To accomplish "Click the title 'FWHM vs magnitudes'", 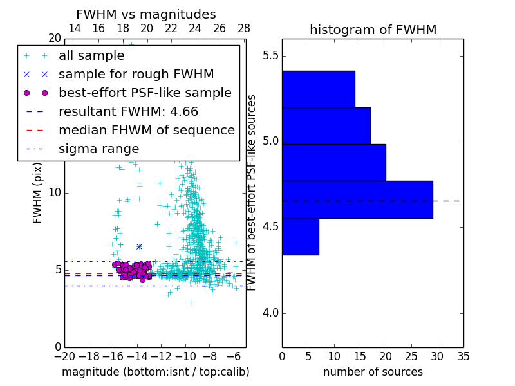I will click(146, 14).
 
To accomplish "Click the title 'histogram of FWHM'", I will click(373, 30).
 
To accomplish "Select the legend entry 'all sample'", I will click(91, 56).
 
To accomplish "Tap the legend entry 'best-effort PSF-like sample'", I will click(145, 93).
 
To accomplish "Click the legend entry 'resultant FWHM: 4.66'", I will click(128, 112).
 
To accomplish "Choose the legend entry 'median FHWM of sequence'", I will click(146, 131).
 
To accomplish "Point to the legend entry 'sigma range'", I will click(98, 149).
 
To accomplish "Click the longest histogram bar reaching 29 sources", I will click(357, 199).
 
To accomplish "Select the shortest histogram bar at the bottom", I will click(300, 237).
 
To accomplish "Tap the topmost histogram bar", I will click(318, 89).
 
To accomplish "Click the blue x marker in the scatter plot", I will click(139, 246).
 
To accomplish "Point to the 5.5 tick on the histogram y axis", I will click(269, 56).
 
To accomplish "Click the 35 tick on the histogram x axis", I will click(463, 355).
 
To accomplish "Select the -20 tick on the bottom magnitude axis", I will click(64, 355).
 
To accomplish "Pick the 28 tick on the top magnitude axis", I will click(244, 28).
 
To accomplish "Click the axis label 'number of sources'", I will click(373, 372).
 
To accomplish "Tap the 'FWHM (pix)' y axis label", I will click(38, 193).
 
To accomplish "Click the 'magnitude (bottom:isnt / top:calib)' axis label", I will click(155, 372).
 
